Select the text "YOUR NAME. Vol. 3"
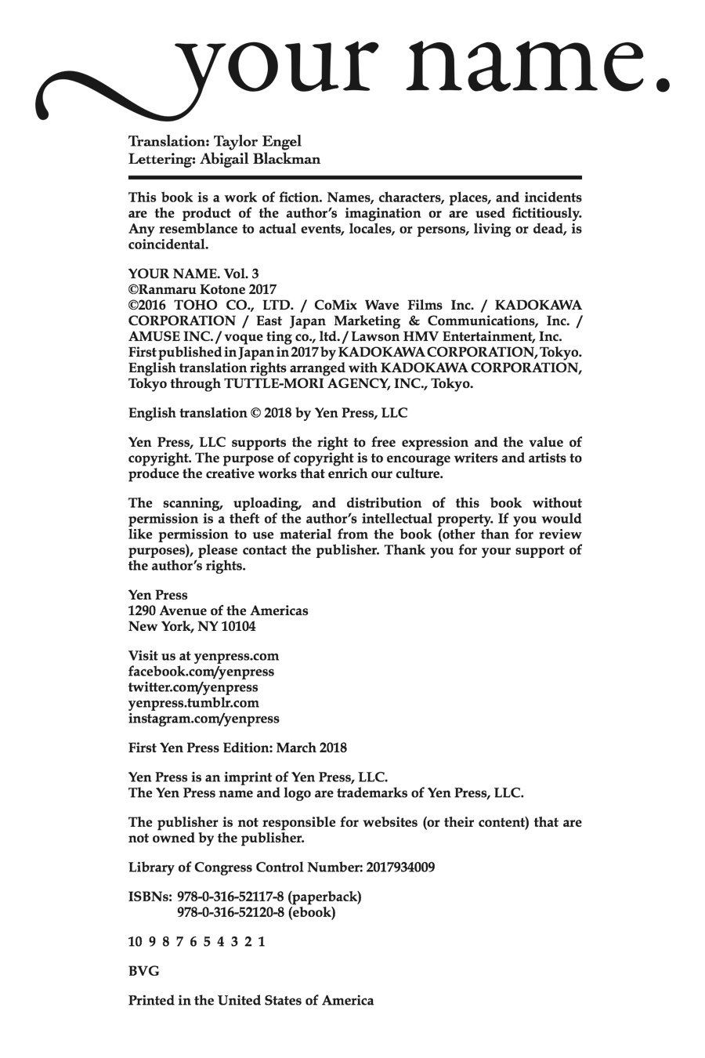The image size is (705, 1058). click(193, 274)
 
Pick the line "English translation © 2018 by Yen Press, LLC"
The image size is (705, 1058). click(268, 412)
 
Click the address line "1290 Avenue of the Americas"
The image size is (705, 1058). click(218, 611)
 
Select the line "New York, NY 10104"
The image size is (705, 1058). click(192, 626)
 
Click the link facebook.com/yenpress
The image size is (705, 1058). click(201, 672)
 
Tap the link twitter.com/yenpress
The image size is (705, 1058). click(193, 687)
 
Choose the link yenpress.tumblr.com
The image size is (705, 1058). click(193, 703)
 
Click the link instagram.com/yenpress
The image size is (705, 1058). click(204, 718)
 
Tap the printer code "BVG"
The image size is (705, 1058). click(143, 971)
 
